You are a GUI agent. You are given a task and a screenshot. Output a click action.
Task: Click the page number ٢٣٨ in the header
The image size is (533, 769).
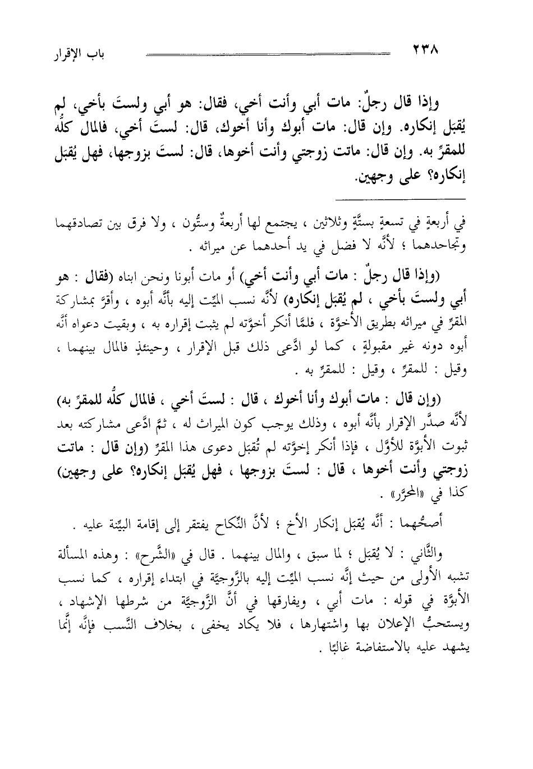click(425, 49)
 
